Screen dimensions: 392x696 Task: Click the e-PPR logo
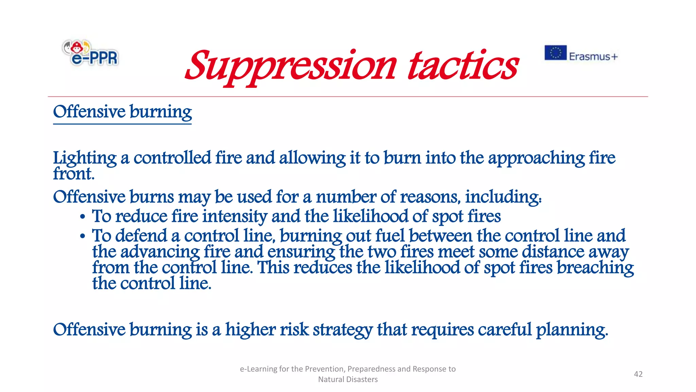coord(90,53)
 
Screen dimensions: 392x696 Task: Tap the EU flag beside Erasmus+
coord(555,53)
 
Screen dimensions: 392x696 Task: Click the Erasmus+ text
coord(593,56)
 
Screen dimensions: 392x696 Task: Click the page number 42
coord(638,374)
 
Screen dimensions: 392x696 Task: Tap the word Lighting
coord(85,158)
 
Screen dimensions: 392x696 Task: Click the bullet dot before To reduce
coord(83,217)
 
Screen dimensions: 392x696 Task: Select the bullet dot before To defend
coord(83,236)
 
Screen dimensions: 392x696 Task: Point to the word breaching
coord(595,268)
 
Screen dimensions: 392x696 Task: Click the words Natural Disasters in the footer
coord(348,379)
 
